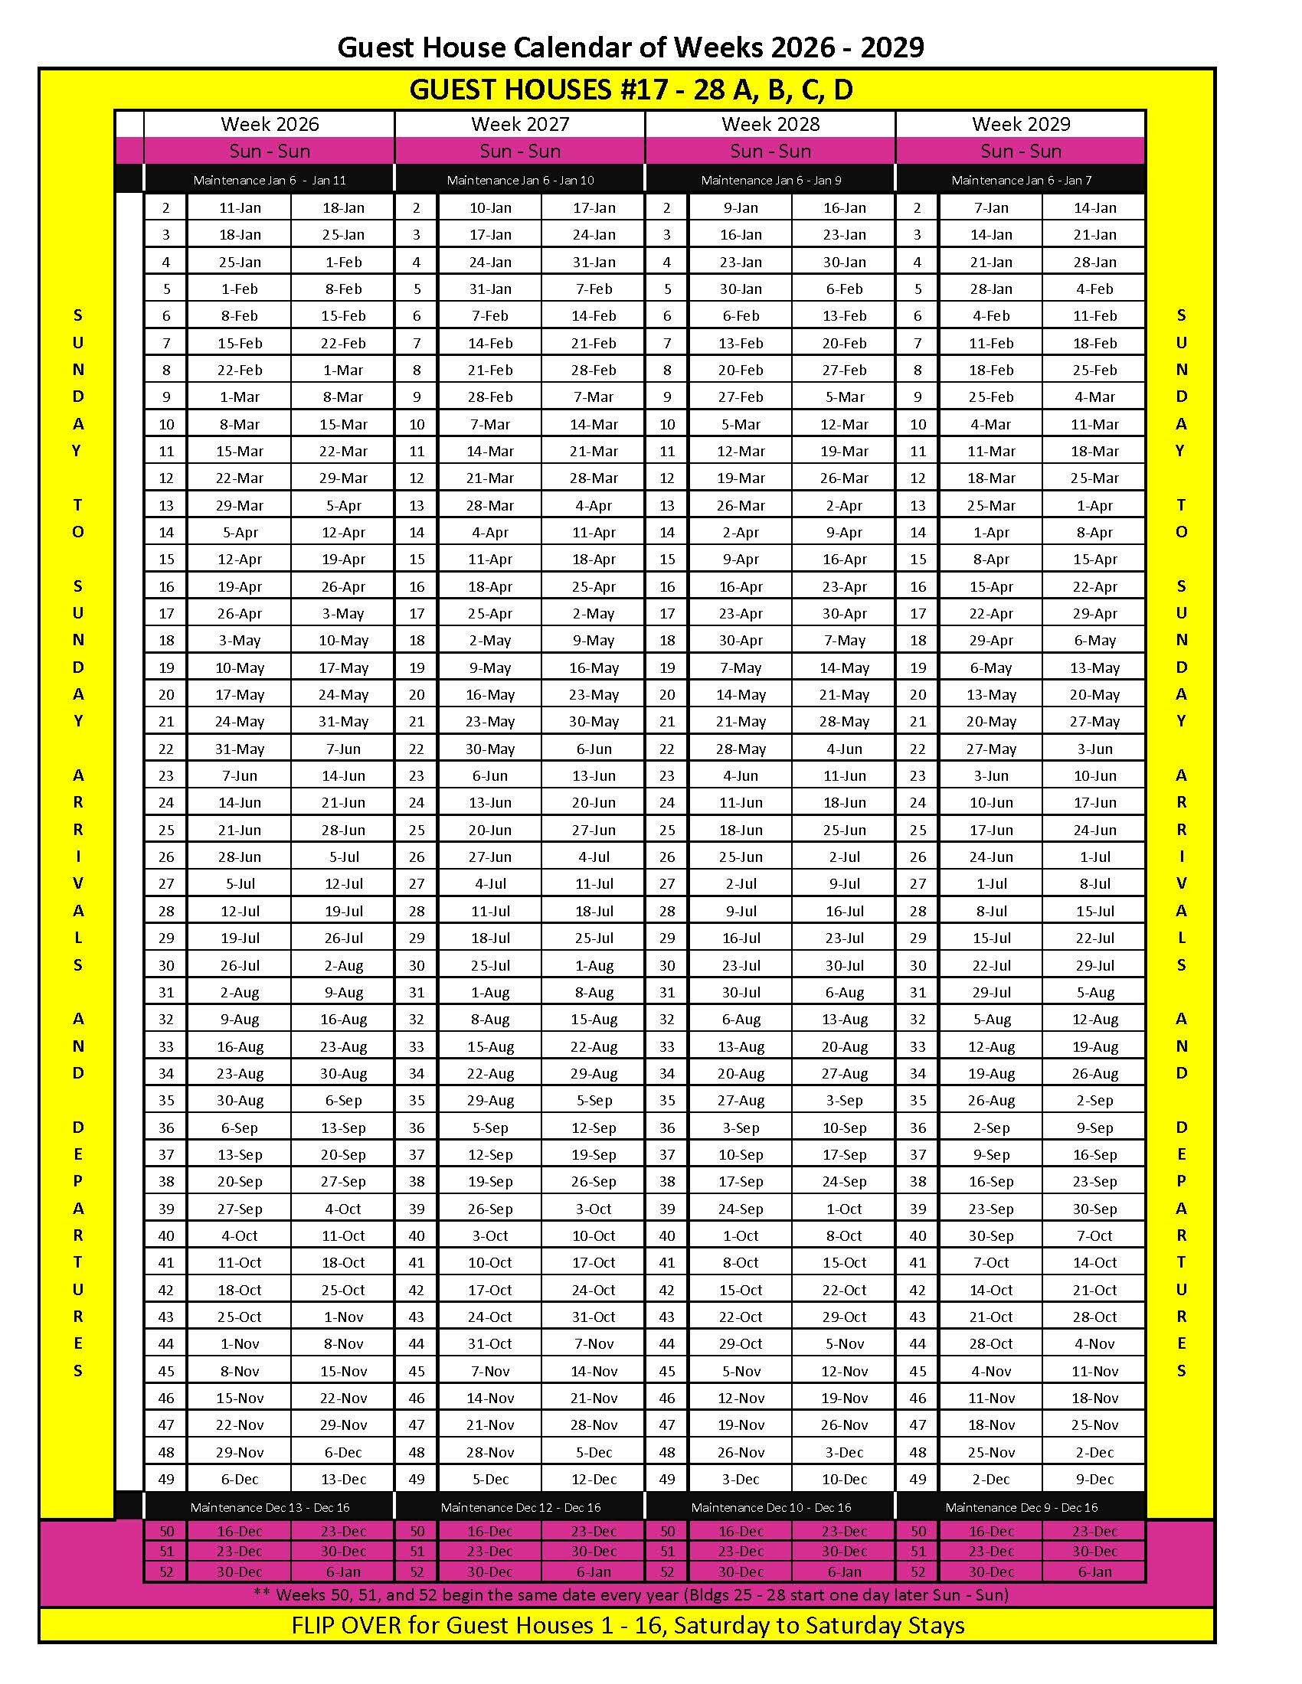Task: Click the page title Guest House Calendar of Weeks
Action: (x=630, y=47)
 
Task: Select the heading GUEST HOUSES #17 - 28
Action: (x=630, y=90)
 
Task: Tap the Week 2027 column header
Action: (x=520, y=124)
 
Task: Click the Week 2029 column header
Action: (x=1020, y=124)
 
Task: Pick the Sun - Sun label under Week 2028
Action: (x=770, y=151)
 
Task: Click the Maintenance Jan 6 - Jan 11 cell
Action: (x=269, y=181)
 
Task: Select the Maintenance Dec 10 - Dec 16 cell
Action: (x=770, y=1506)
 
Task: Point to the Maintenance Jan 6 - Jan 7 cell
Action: (x=1020, y=181)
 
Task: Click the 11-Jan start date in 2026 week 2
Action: (x=239, y=207)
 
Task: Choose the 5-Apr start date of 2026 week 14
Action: (x=239, y=532)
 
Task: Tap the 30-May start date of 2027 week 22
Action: (x=490, y=749)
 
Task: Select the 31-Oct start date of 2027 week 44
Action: (x=490, y=1344)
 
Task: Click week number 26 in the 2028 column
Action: (x=666, y=857)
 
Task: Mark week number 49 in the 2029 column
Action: (x=917, y=1479)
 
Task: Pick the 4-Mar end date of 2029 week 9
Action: (x=1094, y=397)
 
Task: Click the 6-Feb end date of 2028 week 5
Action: (x=844, y=289)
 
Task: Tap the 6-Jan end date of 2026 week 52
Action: (x=342, y=1571)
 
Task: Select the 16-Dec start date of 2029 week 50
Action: (x=990, y=1532)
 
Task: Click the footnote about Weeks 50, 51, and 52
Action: (x=630, y=1594)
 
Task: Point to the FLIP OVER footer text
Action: (x=628, y=1625)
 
